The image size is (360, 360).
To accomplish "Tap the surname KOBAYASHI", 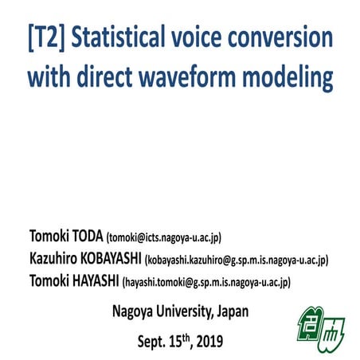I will pyautogui.click(x=107, y=259).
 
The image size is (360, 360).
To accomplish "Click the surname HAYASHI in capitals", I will pyautogui.click(x=93, y=281).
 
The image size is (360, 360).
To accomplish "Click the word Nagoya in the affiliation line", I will pyautogui.click(x=133, y=311).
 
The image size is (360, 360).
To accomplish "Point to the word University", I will pyautogui.click(x=185, y=311).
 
